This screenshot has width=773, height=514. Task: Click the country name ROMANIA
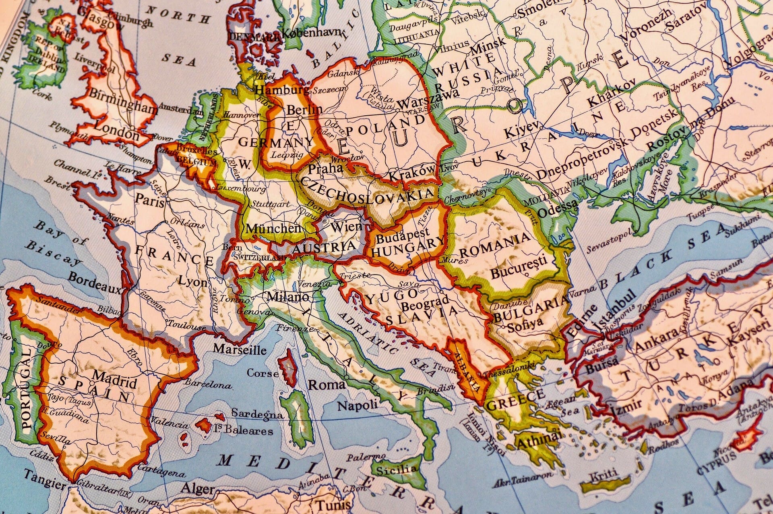point(495,246)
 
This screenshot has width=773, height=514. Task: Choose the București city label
point(519,268)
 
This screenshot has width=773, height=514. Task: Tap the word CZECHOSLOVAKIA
point(366,191)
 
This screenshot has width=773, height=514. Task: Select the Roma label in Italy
point(327,385)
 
